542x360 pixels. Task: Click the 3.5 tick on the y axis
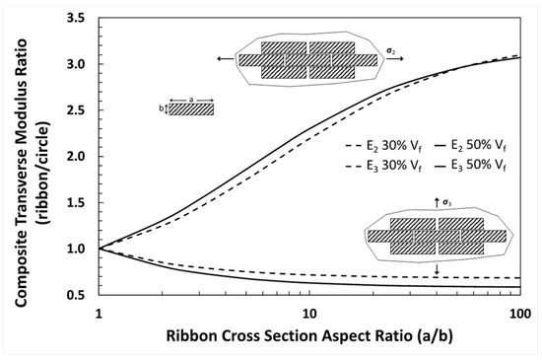coord(81,18)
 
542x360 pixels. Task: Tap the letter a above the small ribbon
coord(190,98)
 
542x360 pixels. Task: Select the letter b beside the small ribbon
coord(161,108)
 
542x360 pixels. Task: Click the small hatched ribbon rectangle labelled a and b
coord(190,109)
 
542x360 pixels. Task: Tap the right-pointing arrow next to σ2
coord(394,59)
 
